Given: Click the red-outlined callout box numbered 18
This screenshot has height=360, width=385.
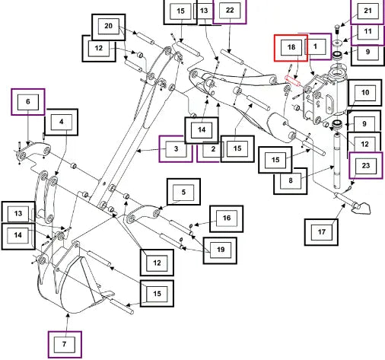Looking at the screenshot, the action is coord(291,48).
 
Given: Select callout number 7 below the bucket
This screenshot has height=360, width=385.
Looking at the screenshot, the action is coord(65,344).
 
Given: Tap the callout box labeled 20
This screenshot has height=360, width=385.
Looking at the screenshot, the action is coord(108,27).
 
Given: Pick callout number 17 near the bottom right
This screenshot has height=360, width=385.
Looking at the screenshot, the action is coord(321,232).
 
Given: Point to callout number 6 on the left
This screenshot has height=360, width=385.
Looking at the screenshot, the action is coord(28,102).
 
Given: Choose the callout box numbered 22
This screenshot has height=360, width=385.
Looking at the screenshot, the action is coord(230,11).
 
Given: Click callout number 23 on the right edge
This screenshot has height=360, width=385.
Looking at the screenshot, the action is coord(366,165).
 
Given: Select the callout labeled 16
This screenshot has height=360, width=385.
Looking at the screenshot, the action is coord(226,218).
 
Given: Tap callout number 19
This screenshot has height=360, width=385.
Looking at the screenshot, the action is coord(220,250).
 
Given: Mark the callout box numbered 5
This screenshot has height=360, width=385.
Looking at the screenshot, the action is coord(183,192).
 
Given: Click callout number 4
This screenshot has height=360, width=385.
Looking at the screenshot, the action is coord(62,123).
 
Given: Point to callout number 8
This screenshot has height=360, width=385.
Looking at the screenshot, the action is coord(291,181).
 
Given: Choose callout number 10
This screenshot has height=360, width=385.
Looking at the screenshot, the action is coord(365,93).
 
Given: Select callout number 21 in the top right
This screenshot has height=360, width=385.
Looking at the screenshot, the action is coord(367,11).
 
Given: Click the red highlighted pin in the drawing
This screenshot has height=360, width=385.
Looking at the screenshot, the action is coord(293,81).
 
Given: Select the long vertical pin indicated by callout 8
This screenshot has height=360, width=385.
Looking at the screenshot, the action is coord(337,161).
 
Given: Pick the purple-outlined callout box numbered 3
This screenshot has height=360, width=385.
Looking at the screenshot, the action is coord(176,149).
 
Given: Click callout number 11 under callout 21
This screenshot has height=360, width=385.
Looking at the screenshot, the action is coord(367,32).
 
